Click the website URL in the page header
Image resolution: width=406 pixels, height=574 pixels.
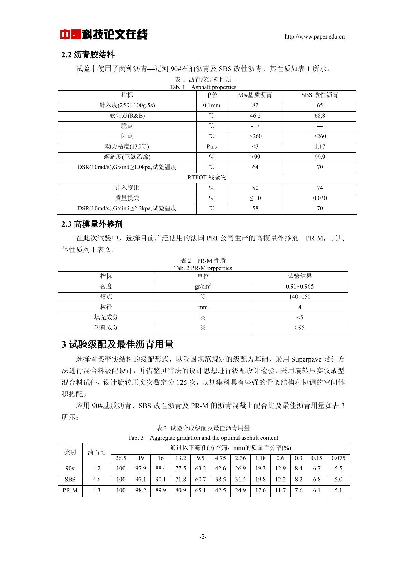(315, 37)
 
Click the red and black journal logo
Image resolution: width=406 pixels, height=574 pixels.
(104, 34)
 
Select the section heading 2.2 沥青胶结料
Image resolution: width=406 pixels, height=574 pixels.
(88, 55)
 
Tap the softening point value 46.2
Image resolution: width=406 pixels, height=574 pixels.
(255, 116)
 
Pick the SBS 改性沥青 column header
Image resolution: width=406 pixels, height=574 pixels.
(320, 95)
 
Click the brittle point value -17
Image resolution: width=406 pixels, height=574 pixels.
(255, 126)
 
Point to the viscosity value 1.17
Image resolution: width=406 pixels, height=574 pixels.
(320, 147)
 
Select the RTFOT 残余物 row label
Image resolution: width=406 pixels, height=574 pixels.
(207, 177)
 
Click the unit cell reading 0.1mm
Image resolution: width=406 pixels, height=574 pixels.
(212, 105)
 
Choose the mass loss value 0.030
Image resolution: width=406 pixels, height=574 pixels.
(320, 198)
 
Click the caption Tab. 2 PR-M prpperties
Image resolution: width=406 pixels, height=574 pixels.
(203, 268)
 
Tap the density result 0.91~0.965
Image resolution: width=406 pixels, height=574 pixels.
(300, 286)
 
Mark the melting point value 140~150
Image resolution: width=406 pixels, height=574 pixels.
(300, 297)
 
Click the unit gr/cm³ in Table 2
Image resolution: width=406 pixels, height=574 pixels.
(203, 286)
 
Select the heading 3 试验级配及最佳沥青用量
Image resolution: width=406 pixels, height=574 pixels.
(117, 344)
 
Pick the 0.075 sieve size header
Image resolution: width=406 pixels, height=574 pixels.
(338, 458)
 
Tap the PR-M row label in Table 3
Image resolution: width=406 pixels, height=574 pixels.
(70, 490)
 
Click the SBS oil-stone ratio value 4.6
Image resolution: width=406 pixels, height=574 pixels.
(97, 479)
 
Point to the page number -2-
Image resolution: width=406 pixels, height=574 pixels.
(203, 536)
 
